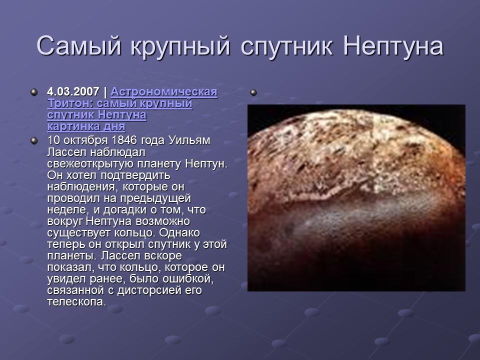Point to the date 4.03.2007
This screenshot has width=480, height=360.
coord(73,92)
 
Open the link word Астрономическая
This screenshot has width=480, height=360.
coord(164,92)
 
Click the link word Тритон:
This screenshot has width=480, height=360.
coord(67,104)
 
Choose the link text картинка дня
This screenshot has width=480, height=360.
coord(86,126)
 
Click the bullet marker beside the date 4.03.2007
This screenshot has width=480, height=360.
coord(33,92)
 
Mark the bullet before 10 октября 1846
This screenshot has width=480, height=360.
coord(33,140)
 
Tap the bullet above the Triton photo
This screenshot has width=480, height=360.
coord(254,92)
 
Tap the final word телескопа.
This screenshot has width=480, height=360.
coord(76,302)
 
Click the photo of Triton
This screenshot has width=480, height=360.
coord(356,197)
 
